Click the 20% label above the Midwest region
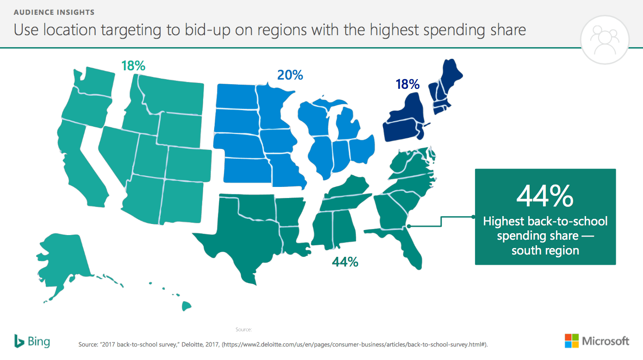point(290,74)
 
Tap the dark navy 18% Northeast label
point(407,84)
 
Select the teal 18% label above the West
point(133,66)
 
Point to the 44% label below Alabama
point(345,262)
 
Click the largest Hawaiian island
point(186,306)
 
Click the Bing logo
point(32,341)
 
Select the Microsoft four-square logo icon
point(572,341)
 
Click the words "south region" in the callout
point(545,251)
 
